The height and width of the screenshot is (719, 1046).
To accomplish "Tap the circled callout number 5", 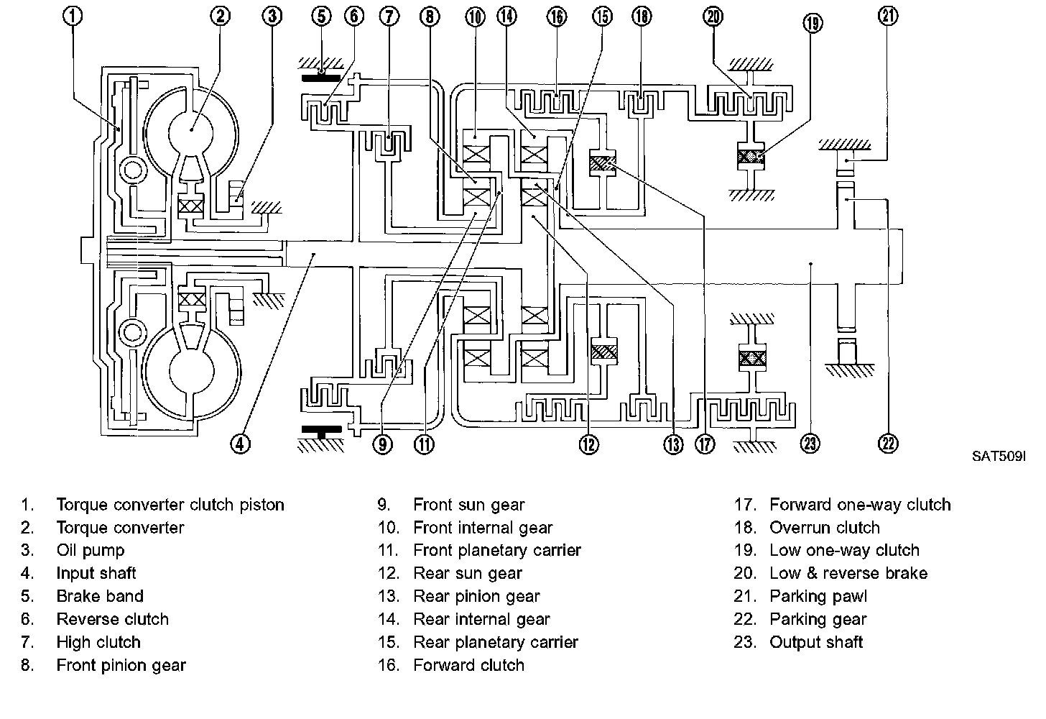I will [x=320, y=17].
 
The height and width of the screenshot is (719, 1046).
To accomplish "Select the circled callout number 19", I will [x=813, y=23].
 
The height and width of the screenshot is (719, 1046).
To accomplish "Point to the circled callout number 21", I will [x=889, y=16].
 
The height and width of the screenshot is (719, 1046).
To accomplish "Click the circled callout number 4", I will [x=240, y=444].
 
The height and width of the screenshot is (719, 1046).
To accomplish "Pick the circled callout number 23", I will [x=810, y=444].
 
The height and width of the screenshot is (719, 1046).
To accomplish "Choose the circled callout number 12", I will [x=588, y=444].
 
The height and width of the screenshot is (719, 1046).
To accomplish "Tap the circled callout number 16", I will [x=557, y=17].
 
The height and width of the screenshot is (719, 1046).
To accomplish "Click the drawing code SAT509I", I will [x=999, y=457].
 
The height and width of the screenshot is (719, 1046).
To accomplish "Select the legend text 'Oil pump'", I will [x=91, y=551].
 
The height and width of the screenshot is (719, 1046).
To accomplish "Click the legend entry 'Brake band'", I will [x=100, y=597].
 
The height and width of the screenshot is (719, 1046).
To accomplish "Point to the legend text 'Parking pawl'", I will [x=818, y=597].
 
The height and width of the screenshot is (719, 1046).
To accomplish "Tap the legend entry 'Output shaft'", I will [x=816, y=643].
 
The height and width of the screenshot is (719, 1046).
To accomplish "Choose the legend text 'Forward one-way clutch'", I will [x=860, y=505].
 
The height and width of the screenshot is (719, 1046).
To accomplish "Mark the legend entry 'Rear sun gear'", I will [x=468, y=574].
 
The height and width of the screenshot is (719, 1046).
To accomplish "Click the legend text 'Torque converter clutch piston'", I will [x=170, y=505].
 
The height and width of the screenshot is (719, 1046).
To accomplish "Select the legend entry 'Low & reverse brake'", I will [x=848, y=574].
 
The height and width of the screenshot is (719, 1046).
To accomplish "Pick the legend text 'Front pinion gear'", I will [x=121, y=666].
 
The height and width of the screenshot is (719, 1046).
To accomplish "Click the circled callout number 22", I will [x=889, y=444].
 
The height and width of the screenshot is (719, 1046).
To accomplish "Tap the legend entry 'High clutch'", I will [x=98, y=643].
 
